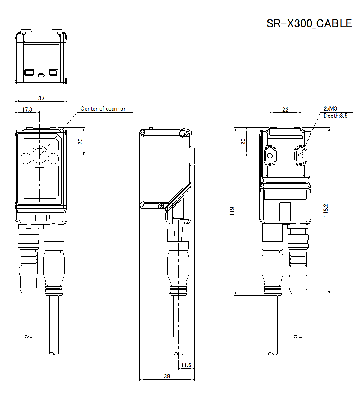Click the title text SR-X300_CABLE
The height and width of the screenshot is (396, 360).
pyautogui.click(x=309, y=23)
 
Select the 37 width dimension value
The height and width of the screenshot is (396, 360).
pyautogui.click(x=41, y=98)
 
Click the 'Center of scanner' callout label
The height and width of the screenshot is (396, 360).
pyautogui.click(x=103, y=108)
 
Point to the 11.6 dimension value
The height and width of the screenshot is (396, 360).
pyautogui.click(x=186, y=365)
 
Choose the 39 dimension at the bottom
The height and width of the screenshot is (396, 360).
pyautogui.click(x=167, y=376)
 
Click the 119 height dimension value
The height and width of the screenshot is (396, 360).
pyautogui.click(x=232, y=211)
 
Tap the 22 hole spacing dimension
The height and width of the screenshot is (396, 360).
pyautogui.click(x=285, y=109)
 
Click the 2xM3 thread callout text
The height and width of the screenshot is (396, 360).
pyautogui.click(x=330, y=108)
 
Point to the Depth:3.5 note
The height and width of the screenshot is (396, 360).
pyautogui.click(x=335, y=116)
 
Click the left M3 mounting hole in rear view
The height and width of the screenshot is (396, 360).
pyautogui.click(x=270, y=156)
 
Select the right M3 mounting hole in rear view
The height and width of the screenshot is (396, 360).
pyautogui.click(x=301, y=156)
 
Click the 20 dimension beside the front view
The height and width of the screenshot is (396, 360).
pyautogui.click(x=81, y=141)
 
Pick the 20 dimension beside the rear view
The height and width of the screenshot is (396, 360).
pyautogui.click(x=243, y=141)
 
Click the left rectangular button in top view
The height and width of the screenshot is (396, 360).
pyautogui.click(x=29, y=72)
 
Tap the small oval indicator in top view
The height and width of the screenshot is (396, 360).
pyautogui.click(x=41, y=75)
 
